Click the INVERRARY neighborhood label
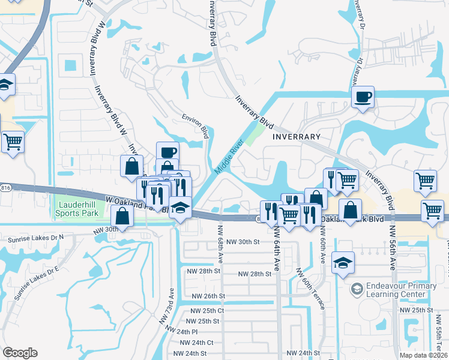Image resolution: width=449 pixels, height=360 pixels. point(297,137)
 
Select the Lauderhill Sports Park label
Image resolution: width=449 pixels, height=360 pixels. point(76,209)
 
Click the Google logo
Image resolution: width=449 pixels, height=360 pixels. point(20,353)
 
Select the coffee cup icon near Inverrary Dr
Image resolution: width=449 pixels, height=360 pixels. point(363,97)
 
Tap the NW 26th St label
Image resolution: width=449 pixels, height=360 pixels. point(208,296)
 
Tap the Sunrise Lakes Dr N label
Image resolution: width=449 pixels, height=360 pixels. point(35,239)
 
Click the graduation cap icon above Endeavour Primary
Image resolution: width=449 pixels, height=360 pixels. point(343,262)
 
